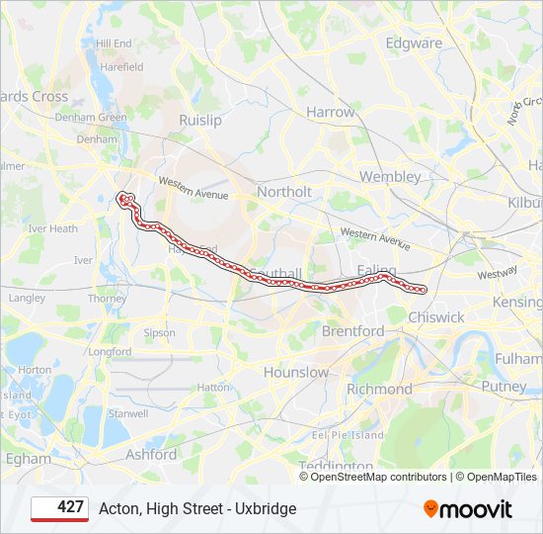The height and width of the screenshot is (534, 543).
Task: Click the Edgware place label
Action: click(x=414, y=44)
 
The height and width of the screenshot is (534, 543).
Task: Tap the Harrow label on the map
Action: click(x=330, y=113)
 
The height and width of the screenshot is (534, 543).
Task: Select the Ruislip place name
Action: click(x=199, y=120)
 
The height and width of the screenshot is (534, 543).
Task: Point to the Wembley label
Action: click(x=390, y=177)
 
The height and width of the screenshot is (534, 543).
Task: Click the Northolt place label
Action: click(x=283, y=192)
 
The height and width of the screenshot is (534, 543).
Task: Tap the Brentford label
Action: click(x=353, y=331)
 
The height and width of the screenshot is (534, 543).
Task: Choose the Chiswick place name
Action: click(x=435, y=317)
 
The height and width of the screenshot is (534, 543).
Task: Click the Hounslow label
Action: click(x=296, y=373)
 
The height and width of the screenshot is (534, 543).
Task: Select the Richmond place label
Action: click(x=379, y=390)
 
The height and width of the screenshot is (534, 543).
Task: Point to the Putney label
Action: click(x=504, y=387)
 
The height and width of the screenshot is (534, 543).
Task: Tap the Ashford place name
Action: click(x=151, y=455)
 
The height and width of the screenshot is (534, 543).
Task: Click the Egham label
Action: click(x=30, y=459)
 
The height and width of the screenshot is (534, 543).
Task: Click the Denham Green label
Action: click(x=91, y=118)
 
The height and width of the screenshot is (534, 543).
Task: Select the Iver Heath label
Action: click(x=52, y=228)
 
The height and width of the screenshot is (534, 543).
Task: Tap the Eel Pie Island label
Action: click(x=348, y=435)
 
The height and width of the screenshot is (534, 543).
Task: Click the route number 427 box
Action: click(x=59, y=508)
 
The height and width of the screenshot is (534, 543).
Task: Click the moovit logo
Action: click(x=468, y=509)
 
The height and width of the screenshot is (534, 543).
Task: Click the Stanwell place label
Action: click(x=127, y=413)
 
